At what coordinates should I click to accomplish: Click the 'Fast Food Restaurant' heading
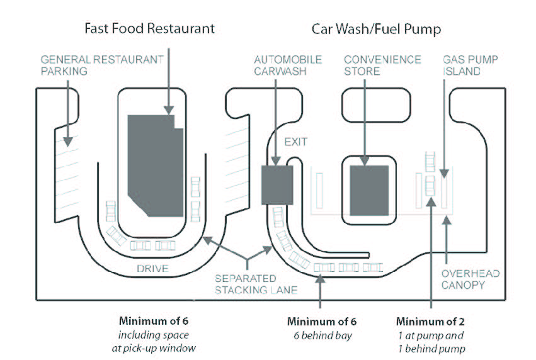[150, 28]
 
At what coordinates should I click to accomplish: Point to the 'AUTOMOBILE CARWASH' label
[288, 65]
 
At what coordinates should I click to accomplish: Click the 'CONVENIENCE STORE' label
[382, 65]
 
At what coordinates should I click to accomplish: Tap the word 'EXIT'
[295, 142]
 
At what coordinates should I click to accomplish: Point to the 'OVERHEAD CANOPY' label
[470, 279]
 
